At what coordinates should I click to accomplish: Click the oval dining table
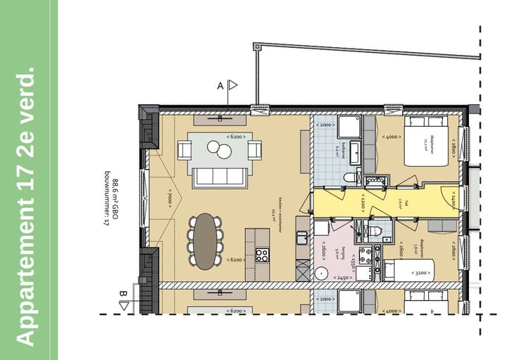206,240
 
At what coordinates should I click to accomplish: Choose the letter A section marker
220,85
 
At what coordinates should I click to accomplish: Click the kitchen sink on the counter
302,236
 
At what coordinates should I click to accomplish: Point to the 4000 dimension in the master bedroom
392,137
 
